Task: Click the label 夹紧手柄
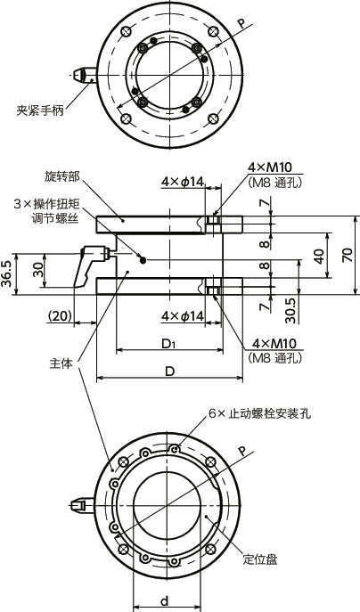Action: pyautogui.click(x=42, y=111)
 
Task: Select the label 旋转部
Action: pyautogui.click(x=61, y=175)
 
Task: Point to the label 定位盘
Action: pyautogui.click(x=259, y=559)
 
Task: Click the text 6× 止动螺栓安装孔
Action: pyautogui.click(x=259, y=413)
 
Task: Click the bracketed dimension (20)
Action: pyautogui.click(x=61, y=315)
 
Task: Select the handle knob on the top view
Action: pyautogui.click(x=82, y=76)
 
